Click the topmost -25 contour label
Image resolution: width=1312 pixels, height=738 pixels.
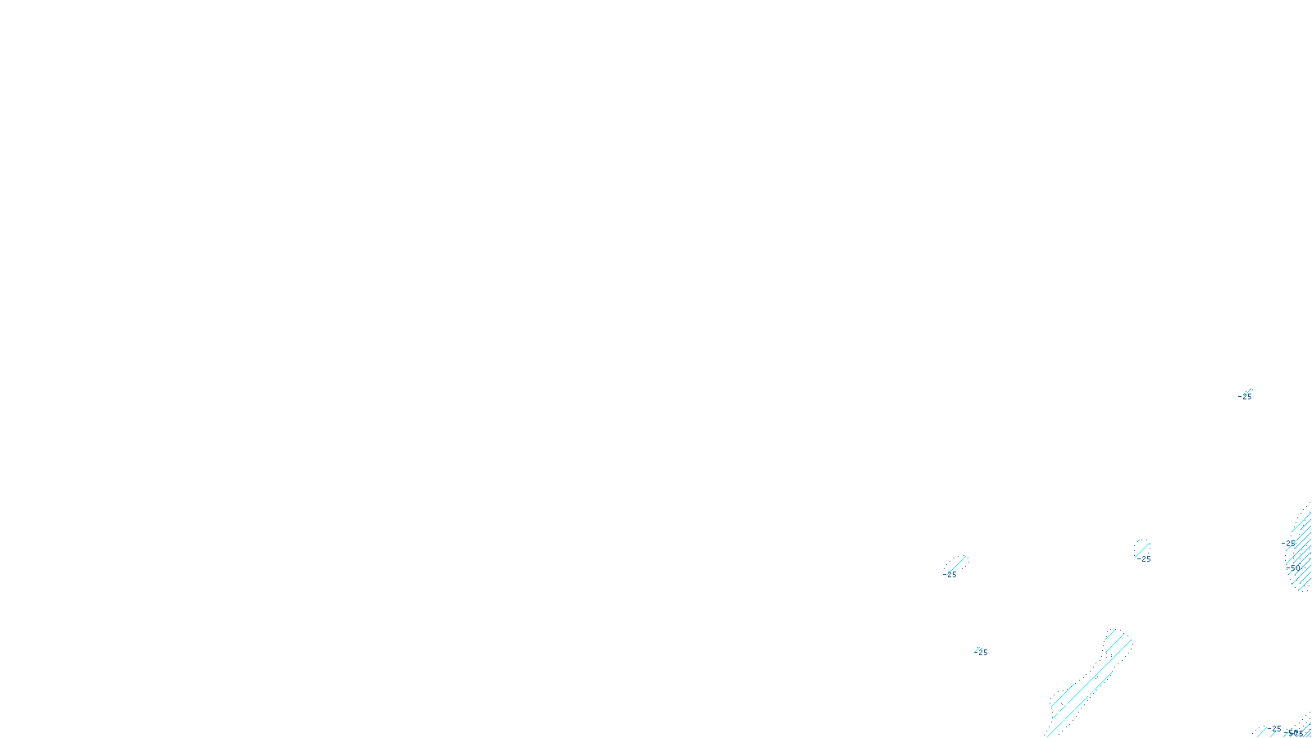click(1246, 397)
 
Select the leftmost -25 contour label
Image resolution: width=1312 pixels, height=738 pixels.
click(950, 575)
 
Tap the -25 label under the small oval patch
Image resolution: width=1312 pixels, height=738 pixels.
click(1145, 559)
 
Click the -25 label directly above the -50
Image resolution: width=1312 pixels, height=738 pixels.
click(1290, 544)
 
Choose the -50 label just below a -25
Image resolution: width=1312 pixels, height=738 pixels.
click(1294, 568)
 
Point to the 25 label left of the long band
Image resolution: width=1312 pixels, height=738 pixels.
click(982, 653)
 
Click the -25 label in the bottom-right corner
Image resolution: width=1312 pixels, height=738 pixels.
click(1274, 728)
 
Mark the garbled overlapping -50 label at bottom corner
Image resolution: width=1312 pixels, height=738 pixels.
click(1295, 733)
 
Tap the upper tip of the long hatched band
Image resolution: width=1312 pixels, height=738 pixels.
click(1117, 634)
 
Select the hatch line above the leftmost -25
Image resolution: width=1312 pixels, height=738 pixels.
click(957, 563)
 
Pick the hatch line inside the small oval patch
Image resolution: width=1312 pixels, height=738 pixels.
click(1142, 547)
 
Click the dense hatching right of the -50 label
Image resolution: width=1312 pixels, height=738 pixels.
click(1304, 558)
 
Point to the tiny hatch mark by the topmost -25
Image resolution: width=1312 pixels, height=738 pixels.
click(1249, 391)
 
